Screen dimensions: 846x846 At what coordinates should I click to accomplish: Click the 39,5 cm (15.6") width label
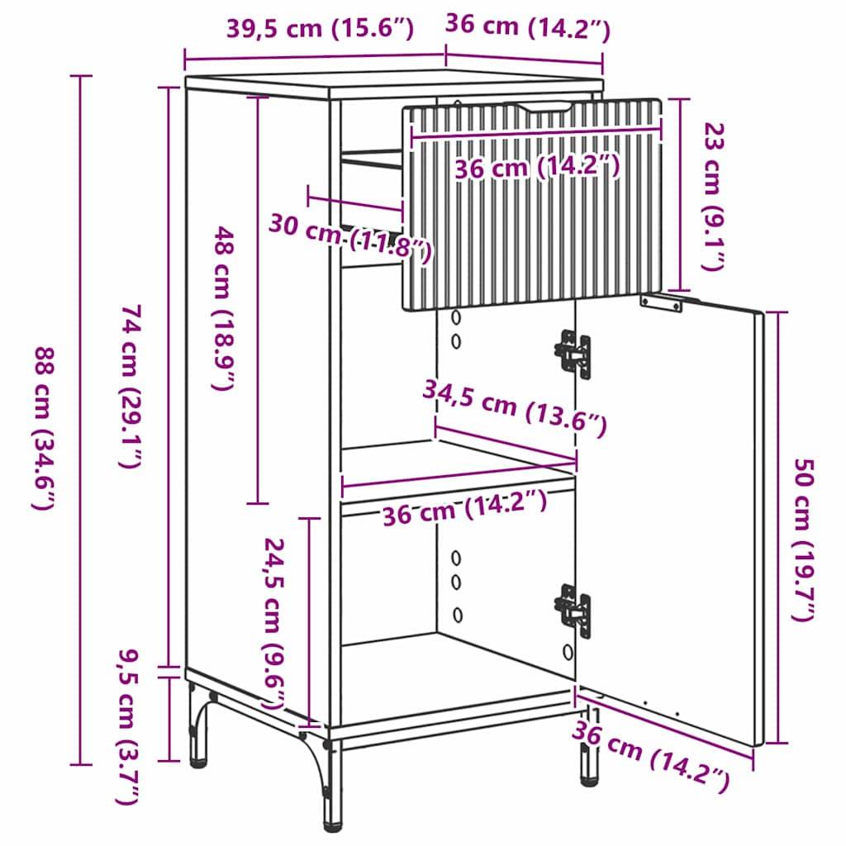pos(318,28)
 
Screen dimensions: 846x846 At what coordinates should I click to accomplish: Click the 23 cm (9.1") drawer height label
pos(714,197)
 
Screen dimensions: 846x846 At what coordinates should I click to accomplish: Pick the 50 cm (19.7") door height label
pos(804,540)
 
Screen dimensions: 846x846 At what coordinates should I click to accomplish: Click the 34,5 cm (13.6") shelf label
pos(516,407)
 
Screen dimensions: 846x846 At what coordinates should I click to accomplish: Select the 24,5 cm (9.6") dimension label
pos(275,625)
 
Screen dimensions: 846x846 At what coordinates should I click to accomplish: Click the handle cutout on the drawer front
pos(543,108)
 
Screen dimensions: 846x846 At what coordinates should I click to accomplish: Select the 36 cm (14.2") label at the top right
pos(527,28)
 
